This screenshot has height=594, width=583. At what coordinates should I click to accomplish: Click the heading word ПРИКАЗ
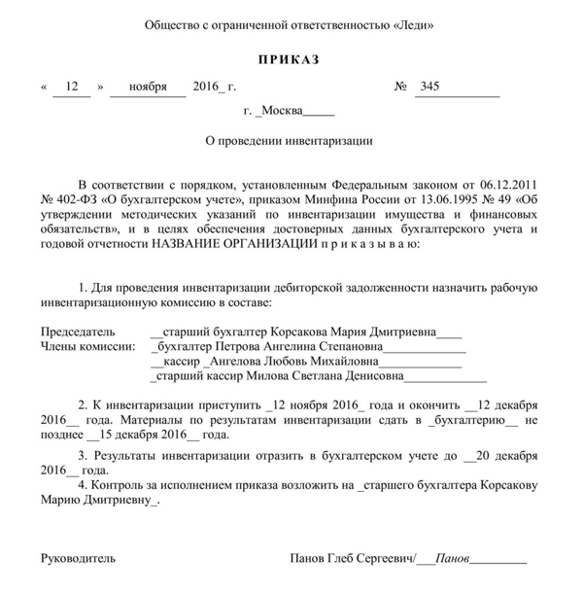pyautogui.click(x=289, y=60)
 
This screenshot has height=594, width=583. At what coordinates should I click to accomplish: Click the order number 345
pyautogui.click(x=429, y=87)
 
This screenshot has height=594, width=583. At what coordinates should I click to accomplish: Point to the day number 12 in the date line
pyautogui.click(x=70, y=87)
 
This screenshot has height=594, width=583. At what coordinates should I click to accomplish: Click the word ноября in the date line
pyautogui.click(x=147, y=87)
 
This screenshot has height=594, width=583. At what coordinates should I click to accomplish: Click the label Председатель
pyautogui.click(x=78, y=330)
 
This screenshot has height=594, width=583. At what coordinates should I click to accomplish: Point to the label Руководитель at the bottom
pyautogui.click(x=78, y=559)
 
